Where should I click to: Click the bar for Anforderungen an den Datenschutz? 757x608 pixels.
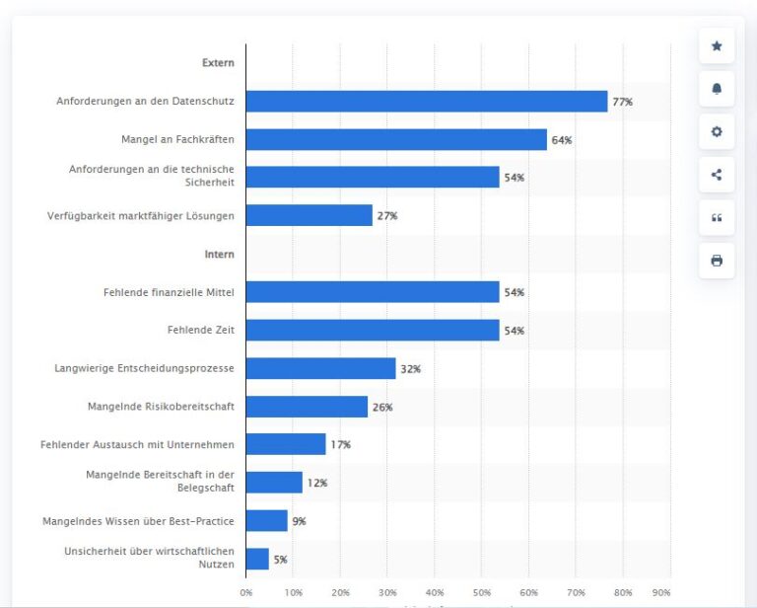[x=426, y=102]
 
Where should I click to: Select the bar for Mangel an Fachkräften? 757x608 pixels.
[x=396, y=140]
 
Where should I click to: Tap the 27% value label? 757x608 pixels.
[x=387, y=216]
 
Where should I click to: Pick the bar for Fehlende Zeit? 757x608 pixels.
[x=373, y=331]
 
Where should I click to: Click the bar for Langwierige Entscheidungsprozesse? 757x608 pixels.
[x=320, y=369]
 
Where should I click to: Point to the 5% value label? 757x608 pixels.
[x=281, y=560]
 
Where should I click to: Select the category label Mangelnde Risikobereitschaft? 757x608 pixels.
[x=160, y=407]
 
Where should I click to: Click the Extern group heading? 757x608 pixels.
[x=218, y=63]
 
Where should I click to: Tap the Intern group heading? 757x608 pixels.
[x=219, y=255]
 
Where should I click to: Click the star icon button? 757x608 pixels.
[x=717, y=46]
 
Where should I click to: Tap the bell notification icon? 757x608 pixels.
[x=717, y=89]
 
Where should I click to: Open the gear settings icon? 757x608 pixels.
[x=717, y=132]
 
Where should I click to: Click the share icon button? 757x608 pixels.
[x=717, y=176]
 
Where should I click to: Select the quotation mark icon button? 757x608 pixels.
[x=717, y=218]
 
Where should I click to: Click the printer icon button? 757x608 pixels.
[x=717, y=262]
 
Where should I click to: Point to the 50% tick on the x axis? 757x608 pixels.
[x=482, y=592]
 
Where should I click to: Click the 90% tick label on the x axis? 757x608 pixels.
[x=661, y=592]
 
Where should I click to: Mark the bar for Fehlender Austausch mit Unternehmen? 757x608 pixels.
[x=286, y=445]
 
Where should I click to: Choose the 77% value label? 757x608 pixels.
[x=622, y=103]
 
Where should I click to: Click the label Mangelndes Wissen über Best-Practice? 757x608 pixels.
[x=138, y=521]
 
